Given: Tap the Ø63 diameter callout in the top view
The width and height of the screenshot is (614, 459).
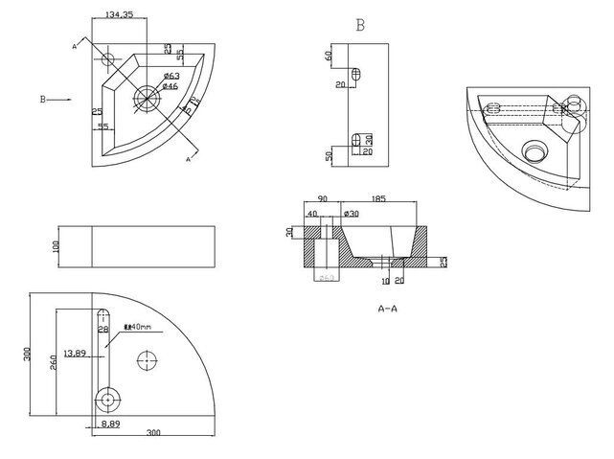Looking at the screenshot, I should [172, 76].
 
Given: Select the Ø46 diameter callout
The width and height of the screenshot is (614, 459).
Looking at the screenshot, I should [171, 86].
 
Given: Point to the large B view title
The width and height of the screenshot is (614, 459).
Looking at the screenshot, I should [359, 26].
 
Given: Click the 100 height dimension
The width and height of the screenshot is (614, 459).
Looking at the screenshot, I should [56, 246].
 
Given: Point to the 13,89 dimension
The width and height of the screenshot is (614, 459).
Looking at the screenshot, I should [75, 354].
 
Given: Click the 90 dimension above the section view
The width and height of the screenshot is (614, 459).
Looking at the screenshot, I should [323, 198].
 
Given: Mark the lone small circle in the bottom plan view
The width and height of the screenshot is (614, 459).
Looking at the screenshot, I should [147, 360].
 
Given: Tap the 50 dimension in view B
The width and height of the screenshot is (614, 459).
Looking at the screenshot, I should [328, 155].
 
